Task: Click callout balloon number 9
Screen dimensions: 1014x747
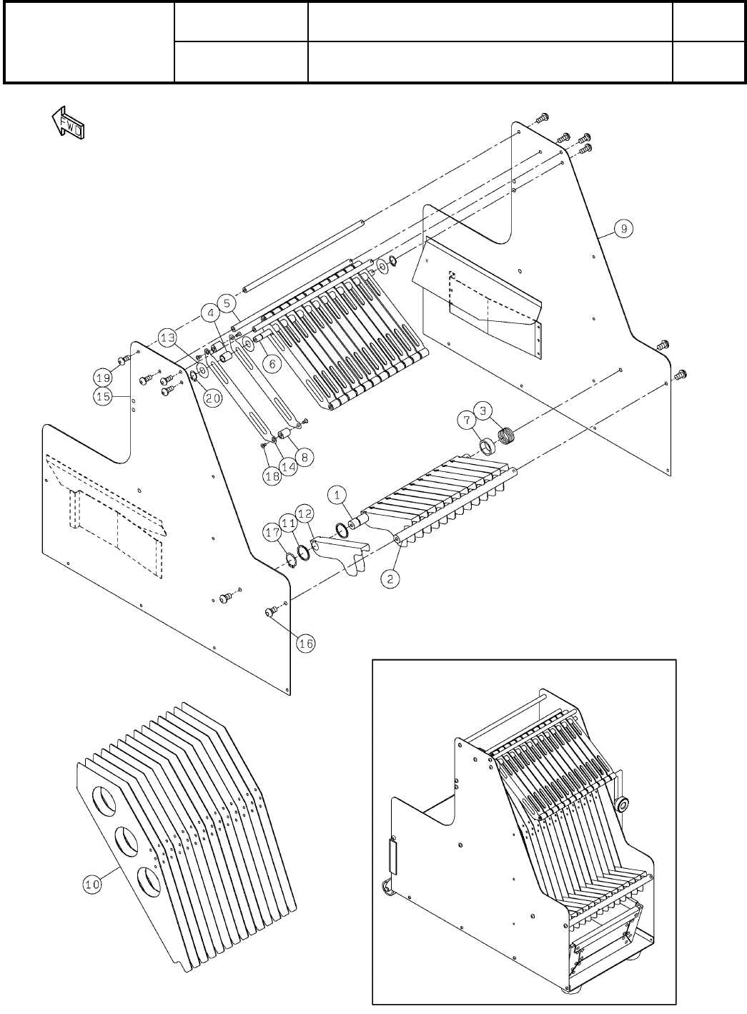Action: point(623,229)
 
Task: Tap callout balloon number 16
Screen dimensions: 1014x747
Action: point(305,644)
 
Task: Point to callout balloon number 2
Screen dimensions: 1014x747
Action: point(390,579)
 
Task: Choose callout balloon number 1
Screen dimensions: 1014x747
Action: point(337,494)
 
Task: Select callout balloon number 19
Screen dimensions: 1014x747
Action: point(104,376)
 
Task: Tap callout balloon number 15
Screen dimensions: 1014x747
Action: point(104,397)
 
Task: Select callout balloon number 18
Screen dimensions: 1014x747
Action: point(271,477)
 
